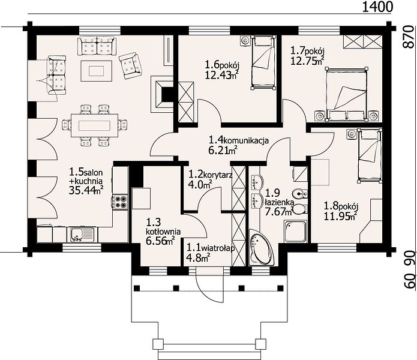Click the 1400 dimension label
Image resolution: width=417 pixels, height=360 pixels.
(377, 7)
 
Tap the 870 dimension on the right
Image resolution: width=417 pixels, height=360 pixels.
(410, 37)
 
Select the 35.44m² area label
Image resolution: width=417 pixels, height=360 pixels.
(86, 190)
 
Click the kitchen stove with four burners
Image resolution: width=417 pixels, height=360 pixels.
(120, 201)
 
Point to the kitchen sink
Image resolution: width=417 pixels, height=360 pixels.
(82, 235)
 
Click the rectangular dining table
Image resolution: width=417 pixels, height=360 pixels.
(94, 125)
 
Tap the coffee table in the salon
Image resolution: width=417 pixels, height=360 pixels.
(96, 71)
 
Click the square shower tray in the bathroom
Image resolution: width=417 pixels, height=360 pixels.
(295, 232)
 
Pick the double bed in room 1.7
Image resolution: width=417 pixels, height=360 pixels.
(347, 94)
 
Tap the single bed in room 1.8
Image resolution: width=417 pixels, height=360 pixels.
(369, 155)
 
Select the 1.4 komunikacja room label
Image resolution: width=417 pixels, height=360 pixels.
(239, 140)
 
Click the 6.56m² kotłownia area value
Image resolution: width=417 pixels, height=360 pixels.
(160, 241)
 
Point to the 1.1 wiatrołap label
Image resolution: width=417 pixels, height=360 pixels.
(211, 248)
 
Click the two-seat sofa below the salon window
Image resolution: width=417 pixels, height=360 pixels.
(97, 46)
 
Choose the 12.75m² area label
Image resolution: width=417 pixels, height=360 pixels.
(307, 61)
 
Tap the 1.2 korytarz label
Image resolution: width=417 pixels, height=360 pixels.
(211, 175)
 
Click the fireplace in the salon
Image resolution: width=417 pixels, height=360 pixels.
(162, 94)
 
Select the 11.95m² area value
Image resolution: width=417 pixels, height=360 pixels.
(340, 217)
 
